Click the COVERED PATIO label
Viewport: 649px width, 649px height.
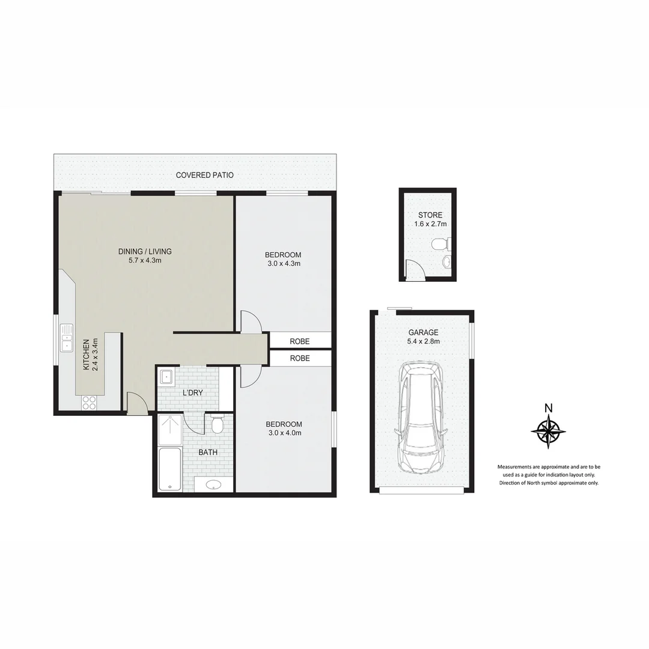(x=204, y=175)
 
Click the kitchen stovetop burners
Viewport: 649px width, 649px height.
(x=89, y=402)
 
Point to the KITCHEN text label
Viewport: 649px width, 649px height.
(x=86, y=355)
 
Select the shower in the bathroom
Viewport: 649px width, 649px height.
(x=170, y=429)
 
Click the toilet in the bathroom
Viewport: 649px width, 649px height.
(x=218, y=425)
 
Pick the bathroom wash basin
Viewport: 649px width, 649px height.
(x=213, y=485)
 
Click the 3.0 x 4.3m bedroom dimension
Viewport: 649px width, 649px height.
(x=284, y=263)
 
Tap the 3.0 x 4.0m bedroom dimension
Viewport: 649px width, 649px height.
(x=284, y=433)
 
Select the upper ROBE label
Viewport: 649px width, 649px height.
(x=300, y=341)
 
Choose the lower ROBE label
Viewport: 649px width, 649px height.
(x=300, y=358)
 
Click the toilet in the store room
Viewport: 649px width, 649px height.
(x=440, y=244)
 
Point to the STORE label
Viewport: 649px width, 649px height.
(x=430, y=215)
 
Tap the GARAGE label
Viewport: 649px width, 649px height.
(x=424, y=332)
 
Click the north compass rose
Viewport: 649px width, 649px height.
(x=548, y=430)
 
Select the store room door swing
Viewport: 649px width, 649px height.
(x=415, y=270)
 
